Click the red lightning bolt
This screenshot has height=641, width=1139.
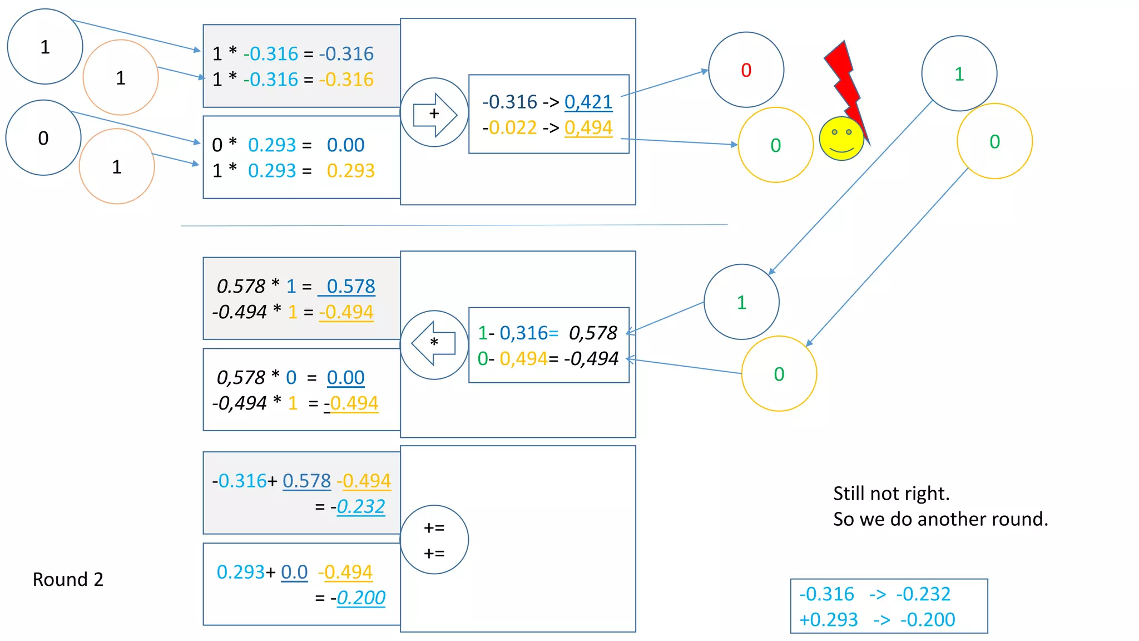[845, 83]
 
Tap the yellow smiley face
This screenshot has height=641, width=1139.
[841, 139]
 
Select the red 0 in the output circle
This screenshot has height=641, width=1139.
[746, 70]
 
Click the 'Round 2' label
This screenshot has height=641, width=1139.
[68, 579]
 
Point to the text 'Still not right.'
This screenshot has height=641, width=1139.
[891, 494]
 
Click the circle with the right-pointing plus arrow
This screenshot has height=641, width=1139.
[434, 113]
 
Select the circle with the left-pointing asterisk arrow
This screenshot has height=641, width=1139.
[434, 345]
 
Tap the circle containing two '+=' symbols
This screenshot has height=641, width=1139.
[434, 540]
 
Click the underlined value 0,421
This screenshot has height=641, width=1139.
[588, 102]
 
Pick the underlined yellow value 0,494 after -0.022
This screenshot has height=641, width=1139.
[588, 128]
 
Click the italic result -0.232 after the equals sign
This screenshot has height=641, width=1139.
[360, 506]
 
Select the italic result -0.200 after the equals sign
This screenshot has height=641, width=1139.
[360, 598]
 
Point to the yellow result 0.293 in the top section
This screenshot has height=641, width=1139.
[350, 170]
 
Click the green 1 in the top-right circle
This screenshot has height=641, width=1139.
[959, 74]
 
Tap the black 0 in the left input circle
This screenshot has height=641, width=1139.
[43, 138]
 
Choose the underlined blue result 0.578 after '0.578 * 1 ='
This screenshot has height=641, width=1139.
[350, 286]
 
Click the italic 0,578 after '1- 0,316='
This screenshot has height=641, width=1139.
[593, 333]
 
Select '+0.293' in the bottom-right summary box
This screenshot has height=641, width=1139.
[828, 619]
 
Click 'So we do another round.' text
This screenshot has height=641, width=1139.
[940, 519]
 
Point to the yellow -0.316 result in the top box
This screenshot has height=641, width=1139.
[349, 80]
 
